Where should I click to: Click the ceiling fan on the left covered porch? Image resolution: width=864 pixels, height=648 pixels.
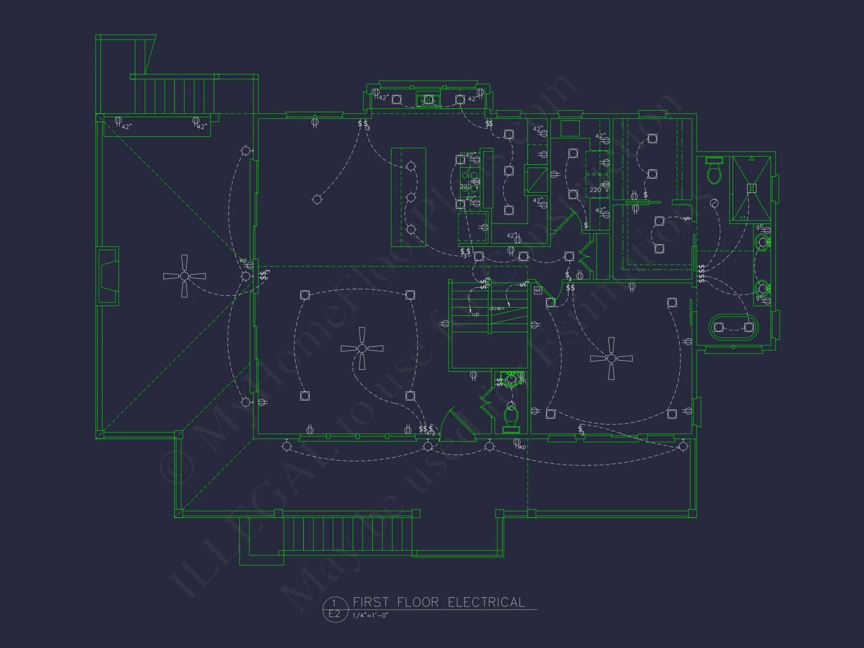[x=184, y=276]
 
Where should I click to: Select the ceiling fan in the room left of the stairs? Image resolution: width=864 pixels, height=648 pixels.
[x=362, y=348]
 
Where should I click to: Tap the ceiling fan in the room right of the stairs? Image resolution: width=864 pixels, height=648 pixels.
[x=611, y=358]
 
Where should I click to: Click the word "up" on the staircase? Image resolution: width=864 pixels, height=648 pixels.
[x=476, y=314]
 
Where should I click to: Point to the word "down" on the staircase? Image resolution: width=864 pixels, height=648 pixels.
[x=496, y=308]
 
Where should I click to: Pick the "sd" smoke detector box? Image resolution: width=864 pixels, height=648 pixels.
[x=537, y=290]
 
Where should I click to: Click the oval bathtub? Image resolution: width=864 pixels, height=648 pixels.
[x=734, y=327]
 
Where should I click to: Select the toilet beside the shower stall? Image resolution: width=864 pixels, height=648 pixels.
[x=714, y=171]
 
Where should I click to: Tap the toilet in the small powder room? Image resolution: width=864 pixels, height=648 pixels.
[x=511, y=418]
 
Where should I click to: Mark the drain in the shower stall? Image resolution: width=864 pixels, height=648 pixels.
[x=752, y=188]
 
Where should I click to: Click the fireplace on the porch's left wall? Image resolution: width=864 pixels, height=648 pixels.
[x=108, y=276]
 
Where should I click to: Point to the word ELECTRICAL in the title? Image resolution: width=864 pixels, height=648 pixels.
[x=486, y=602]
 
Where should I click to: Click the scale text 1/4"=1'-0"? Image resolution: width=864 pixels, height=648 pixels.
[x=370, y=615]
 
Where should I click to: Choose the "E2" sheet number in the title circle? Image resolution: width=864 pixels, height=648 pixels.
[x=334, y=614]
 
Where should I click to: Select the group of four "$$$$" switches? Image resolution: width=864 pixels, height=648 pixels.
[x=702, y=273]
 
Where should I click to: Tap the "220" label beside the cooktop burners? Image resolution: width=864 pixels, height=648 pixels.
[x=465, y=187]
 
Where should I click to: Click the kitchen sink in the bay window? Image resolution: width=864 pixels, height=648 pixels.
[x=428, y=100]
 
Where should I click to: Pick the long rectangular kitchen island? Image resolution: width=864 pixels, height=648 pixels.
[x=408, y=197]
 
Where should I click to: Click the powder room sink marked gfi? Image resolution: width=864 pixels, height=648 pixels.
[x=511, y=379]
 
